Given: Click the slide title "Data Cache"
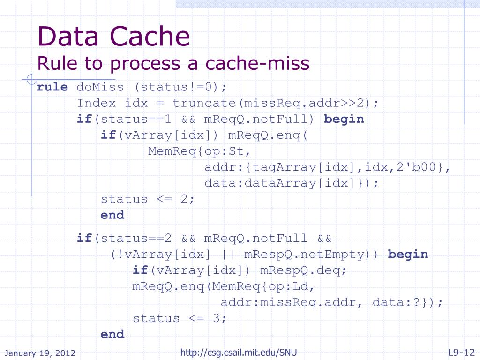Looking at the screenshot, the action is pos(114,37).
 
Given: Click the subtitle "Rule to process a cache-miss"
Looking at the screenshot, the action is pos(173,63).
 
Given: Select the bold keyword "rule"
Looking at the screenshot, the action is pos(52,87).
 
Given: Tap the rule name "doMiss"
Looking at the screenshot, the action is pos(101,87).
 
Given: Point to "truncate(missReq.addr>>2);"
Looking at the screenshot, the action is pos(275,103).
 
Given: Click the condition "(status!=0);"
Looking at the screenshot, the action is pos(180,87).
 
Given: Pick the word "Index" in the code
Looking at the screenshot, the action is pos(97,103).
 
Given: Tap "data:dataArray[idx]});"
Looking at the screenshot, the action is pos(291,183).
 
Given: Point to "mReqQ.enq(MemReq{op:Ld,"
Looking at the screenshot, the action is pos(224,286).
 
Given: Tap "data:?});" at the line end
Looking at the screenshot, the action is pos(407,302).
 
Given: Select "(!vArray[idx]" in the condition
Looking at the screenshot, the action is pos(160,255).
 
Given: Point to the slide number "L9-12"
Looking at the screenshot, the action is pos(461,352).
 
